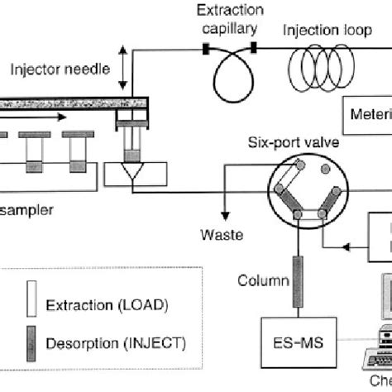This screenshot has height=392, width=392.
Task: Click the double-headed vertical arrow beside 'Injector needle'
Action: coord(125,69)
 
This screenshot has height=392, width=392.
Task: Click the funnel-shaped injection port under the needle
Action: coord(130,176)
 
